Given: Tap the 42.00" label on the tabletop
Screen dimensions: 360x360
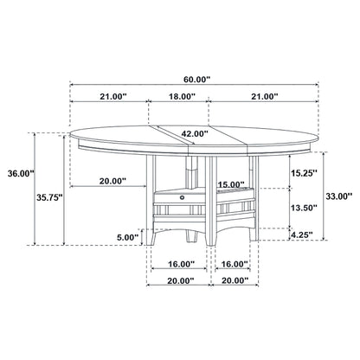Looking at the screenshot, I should (x=195, y=133).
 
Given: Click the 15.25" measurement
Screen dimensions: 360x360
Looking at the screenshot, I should (x=303, y=172).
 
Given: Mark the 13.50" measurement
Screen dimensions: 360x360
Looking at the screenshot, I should (x=303, y=209).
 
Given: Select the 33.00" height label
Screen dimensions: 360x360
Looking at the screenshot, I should (x=339, y=196).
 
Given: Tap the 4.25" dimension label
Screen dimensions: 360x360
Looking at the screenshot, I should (x=303, y=233).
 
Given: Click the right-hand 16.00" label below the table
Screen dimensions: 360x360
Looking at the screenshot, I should (x=235, y=265).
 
